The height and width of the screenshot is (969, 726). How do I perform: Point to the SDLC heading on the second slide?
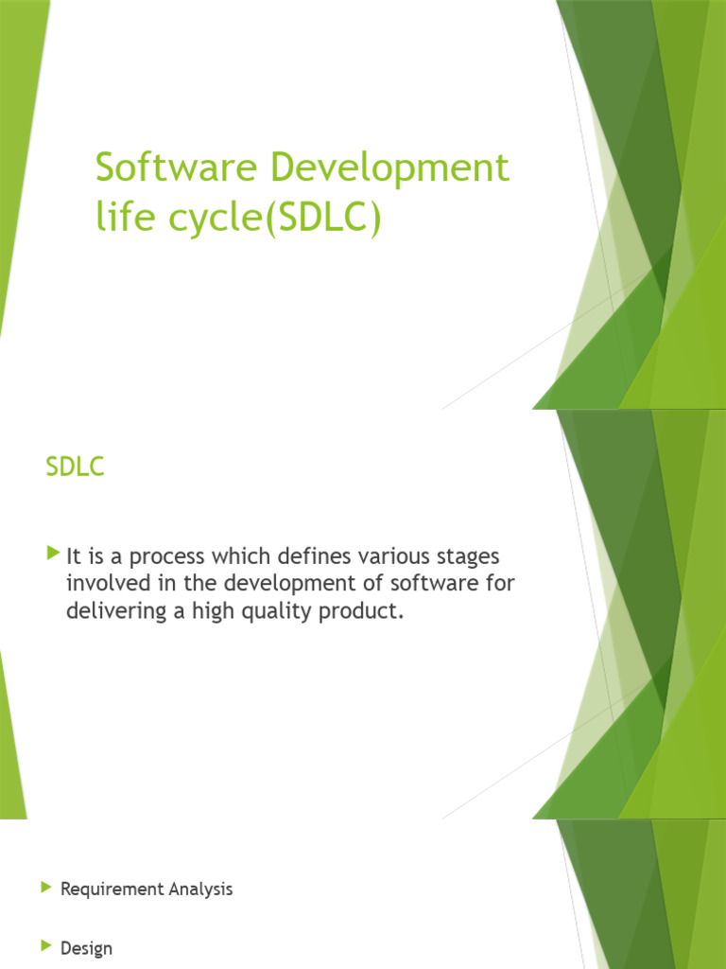click(75, 468)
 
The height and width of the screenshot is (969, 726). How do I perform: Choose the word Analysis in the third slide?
click(201, 890)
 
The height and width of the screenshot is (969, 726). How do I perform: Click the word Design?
click(86, 948)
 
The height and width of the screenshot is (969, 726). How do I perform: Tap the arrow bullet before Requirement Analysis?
click(45, 888)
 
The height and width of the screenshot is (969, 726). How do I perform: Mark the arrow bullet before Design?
click(45, 946)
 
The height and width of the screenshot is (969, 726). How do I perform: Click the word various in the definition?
click(390, 555)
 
